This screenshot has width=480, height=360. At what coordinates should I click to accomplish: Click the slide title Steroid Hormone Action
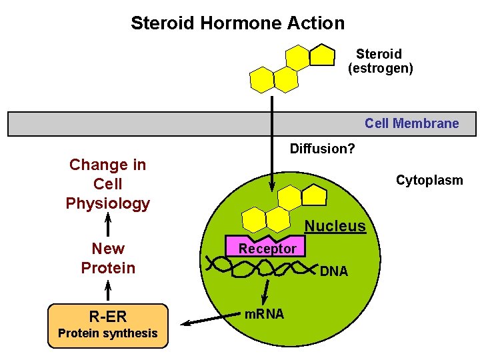(x=237, y=23)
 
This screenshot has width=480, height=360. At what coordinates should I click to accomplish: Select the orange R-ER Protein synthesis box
(x=108, y=325)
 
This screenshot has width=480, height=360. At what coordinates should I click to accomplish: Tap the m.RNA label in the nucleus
(x=263, y=313)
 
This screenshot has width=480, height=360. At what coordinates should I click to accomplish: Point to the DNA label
(x=333, y=271)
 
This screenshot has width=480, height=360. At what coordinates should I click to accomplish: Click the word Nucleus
(x=335, y=226)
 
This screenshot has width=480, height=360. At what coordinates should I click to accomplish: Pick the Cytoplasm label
(x=429, y=180)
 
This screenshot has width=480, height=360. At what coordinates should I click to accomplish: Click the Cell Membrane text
(x=411, y=123)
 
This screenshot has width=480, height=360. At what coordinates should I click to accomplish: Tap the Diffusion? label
(x=322, y=149)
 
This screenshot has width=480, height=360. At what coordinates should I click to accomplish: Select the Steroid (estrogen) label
(x=380, y=61)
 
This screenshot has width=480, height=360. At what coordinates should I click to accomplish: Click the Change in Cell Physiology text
(x=107, y=184)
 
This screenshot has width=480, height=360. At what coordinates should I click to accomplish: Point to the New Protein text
(x=107, y=258)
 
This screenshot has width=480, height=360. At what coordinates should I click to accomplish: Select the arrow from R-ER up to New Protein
(x=108, y=291)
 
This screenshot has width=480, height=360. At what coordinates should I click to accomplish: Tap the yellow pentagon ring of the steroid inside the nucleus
(x=313, y=194)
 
